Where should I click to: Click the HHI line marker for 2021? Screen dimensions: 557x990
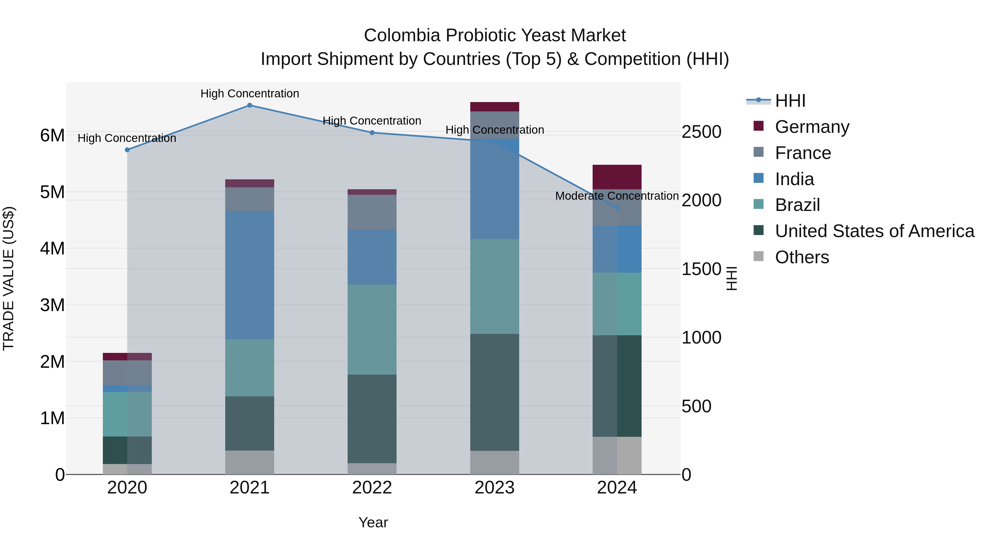(249, 105)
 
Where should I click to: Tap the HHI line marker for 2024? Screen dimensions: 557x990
(617, 208)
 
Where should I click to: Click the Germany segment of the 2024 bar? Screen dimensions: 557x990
(617, 177)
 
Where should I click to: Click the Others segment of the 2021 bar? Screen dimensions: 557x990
(249, 462)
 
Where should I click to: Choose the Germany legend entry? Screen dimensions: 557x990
(812, 127)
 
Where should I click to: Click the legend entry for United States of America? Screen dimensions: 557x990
(874, 231)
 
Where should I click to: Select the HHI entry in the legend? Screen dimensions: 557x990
(790, 101)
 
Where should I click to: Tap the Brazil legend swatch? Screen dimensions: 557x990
(759, 204)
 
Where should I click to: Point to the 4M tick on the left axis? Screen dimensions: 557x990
(52, 248)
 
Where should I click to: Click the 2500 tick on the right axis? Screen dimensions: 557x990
(701, 132)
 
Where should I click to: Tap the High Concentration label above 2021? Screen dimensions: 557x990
(249, 94)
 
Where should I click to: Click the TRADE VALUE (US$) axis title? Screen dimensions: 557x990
(9, 278)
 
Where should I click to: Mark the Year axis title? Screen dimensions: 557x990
(373, 522)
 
